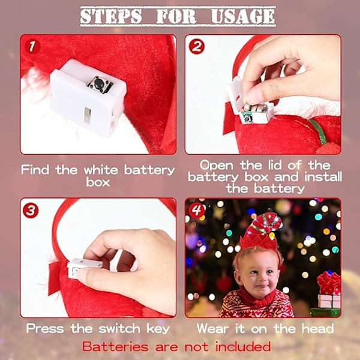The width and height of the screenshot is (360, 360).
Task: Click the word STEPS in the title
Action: click(x=111, y=16)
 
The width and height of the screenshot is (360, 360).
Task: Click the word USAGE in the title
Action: click(x=243, y=16)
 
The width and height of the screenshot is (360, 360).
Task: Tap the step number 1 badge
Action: click(x=32, y=47)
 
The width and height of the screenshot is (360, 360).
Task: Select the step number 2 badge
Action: click(x=197, y=47)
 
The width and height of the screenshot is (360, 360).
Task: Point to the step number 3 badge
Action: click(x=31, y=210)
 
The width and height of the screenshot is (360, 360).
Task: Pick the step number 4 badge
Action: click(x=197, y=210)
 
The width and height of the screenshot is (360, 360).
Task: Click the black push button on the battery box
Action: click(x=99, y=82)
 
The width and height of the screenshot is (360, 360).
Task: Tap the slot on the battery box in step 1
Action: click(x=87, y=115)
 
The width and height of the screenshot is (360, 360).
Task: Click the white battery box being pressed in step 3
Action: click(x=85, y=268)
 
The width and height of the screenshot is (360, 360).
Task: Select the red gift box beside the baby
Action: click(x=329, y=283)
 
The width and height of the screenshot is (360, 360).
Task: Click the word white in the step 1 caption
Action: click(x=101, y=170)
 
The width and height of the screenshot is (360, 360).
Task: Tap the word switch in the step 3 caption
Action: click(x=119, y=328)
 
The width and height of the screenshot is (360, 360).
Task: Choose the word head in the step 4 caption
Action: click(x=318, y=328)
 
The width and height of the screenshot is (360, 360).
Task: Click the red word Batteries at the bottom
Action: click(x=115, y=346)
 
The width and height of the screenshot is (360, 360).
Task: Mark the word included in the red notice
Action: click(x=242, y=346)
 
